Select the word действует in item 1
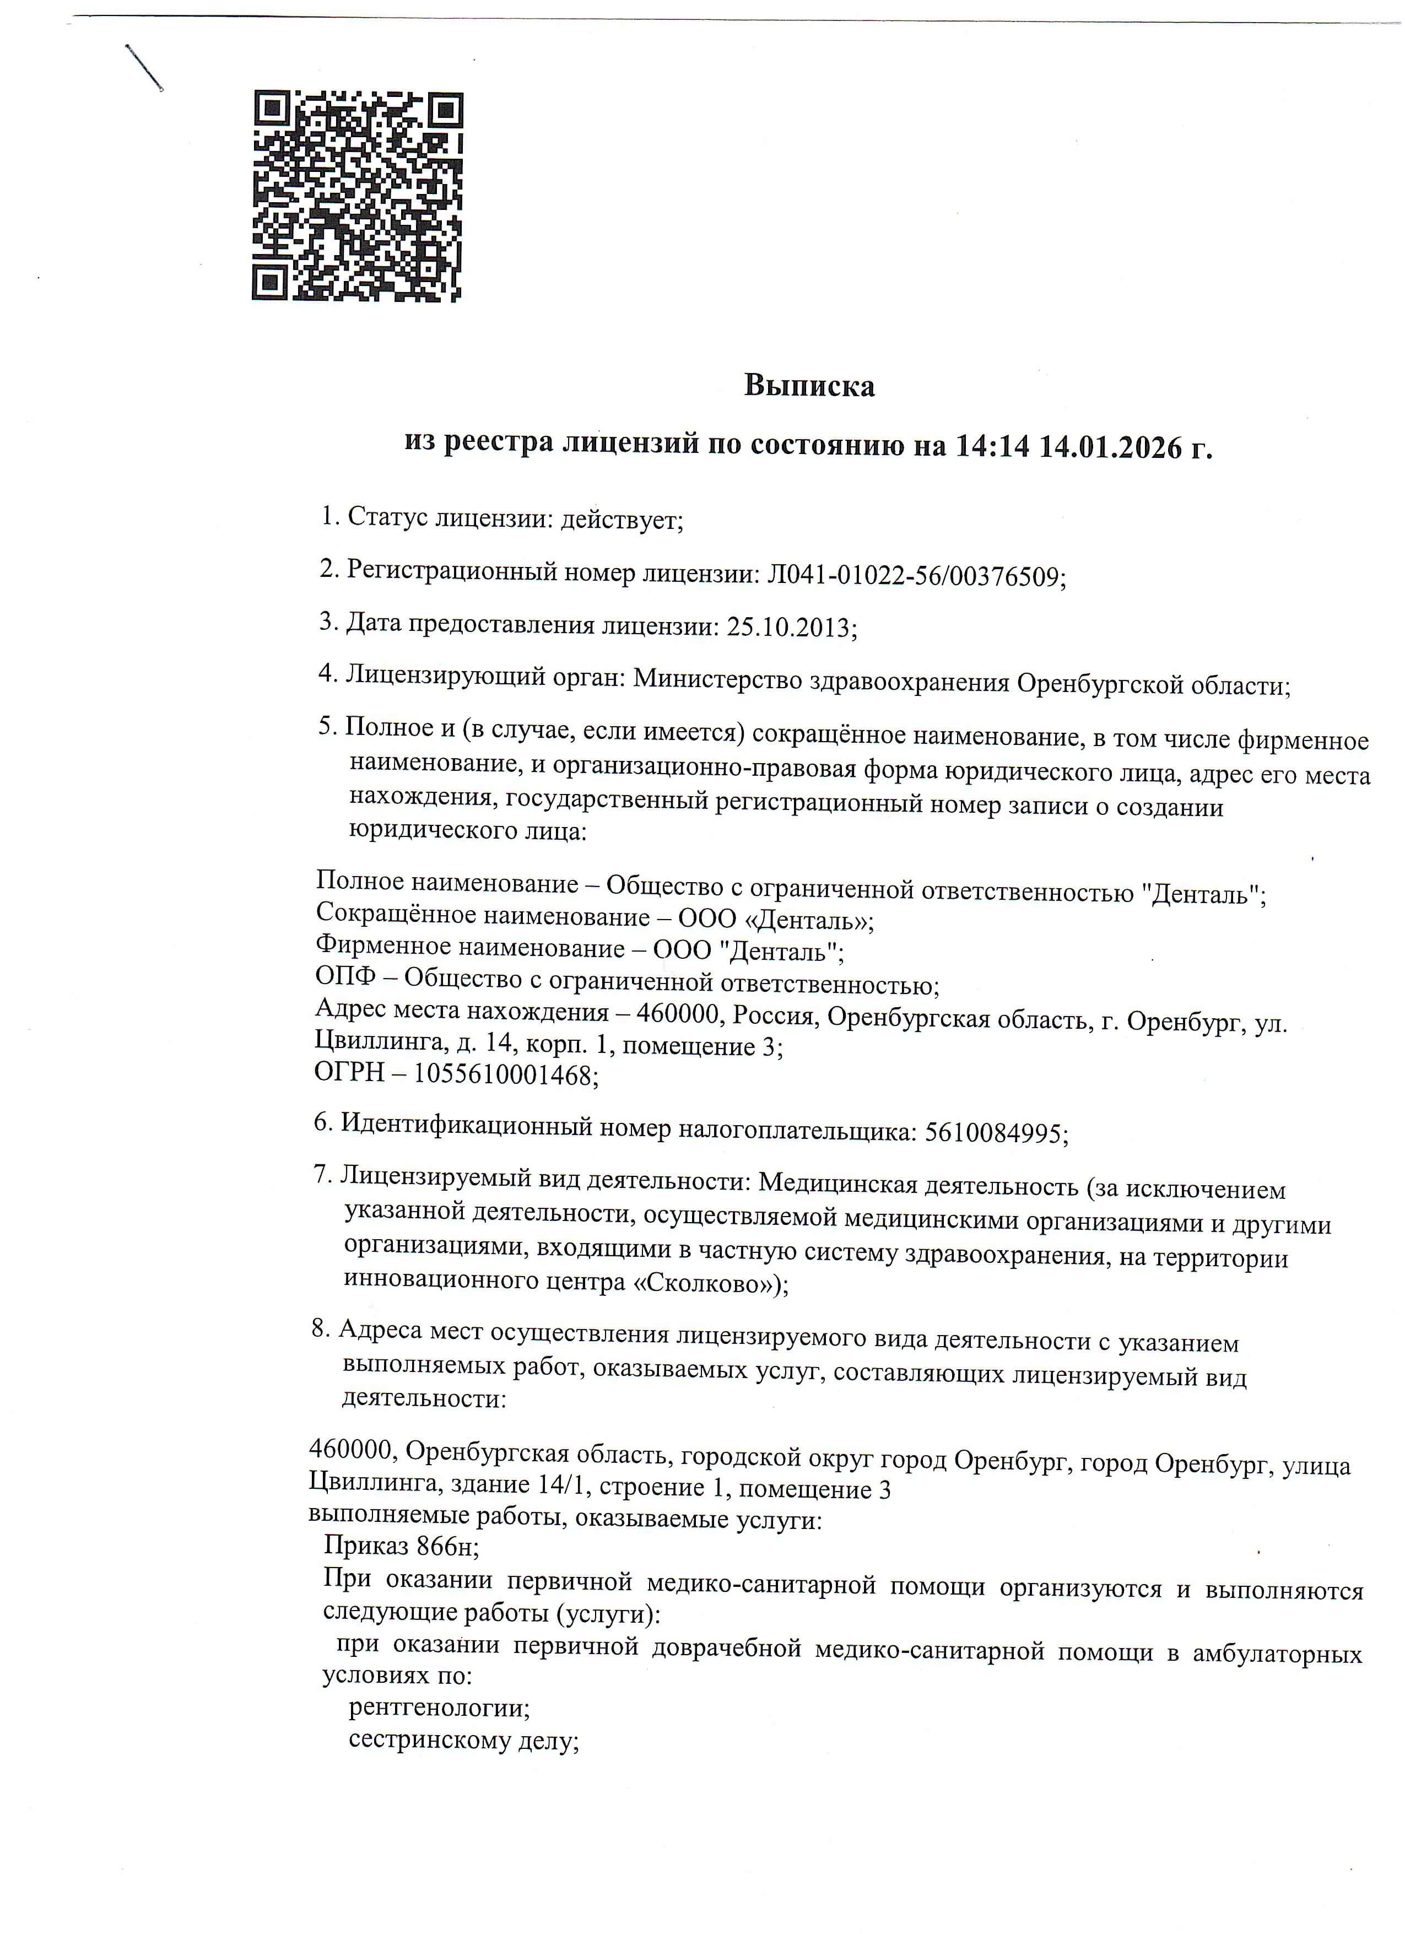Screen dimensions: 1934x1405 click(x=620, y=519)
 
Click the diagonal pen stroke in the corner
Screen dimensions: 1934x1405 click(x=144, y=67)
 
